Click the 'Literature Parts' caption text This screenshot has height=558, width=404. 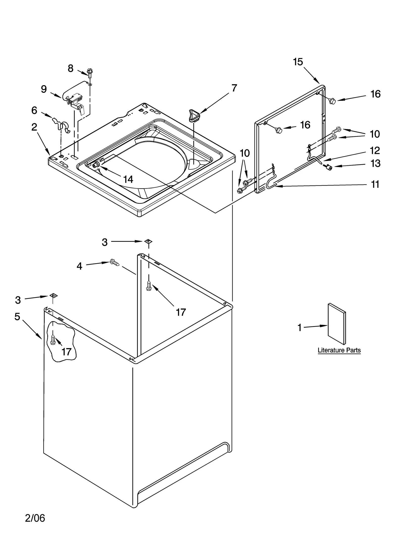click(339, 350)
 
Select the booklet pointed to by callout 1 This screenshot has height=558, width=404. click(337, 324)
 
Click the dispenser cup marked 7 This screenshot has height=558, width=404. click(194, 115)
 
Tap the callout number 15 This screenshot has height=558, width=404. click(298, 62)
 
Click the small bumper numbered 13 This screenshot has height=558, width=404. click(329, 166)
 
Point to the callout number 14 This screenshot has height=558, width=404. click(128, 179)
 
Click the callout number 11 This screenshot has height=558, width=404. click(375, 184)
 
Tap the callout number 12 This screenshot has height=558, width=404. click(375, 151)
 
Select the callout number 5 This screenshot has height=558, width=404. click(17, 316)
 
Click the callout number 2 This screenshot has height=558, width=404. click(34, 127)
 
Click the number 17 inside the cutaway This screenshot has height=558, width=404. click(66, 352)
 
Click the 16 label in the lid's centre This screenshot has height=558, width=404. click(305, 125)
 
